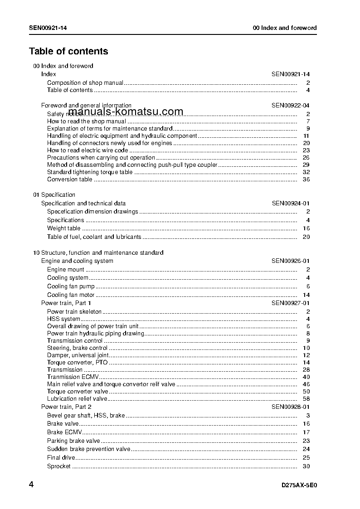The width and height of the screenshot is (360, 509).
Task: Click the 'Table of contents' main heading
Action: click(68, 51)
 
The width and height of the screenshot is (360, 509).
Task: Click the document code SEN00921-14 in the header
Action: click(49, 28)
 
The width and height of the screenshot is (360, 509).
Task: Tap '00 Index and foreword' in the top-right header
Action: click(285, 28)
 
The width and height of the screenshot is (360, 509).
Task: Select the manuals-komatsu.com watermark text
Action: click(126, 112)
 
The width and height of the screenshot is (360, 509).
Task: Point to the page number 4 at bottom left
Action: click(31, 485)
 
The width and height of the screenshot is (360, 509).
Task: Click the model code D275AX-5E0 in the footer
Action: click(299, 485)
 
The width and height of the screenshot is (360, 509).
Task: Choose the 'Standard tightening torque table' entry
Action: click(90, 172)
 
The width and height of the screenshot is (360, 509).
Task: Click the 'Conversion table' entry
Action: click(69, 179)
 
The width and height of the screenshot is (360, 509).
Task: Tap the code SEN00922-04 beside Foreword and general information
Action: click(291, 105)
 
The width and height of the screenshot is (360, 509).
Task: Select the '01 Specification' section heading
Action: click(54, 195)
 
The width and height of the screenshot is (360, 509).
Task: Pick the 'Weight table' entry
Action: click(63, 228)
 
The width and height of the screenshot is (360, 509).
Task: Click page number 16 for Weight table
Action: click(306, 228)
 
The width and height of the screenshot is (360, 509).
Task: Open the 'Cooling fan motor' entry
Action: click(71, 295)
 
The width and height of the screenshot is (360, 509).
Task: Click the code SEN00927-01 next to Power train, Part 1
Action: click(291, 303)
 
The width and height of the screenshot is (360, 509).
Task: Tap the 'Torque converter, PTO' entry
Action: click(77, 363)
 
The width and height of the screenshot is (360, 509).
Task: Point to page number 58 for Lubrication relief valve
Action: click(306, 399)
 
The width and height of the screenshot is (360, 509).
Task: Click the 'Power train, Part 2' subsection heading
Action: click(66, 407)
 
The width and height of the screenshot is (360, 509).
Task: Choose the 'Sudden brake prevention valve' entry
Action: click(88, 449)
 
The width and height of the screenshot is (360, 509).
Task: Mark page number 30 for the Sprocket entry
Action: click(306, 466)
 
